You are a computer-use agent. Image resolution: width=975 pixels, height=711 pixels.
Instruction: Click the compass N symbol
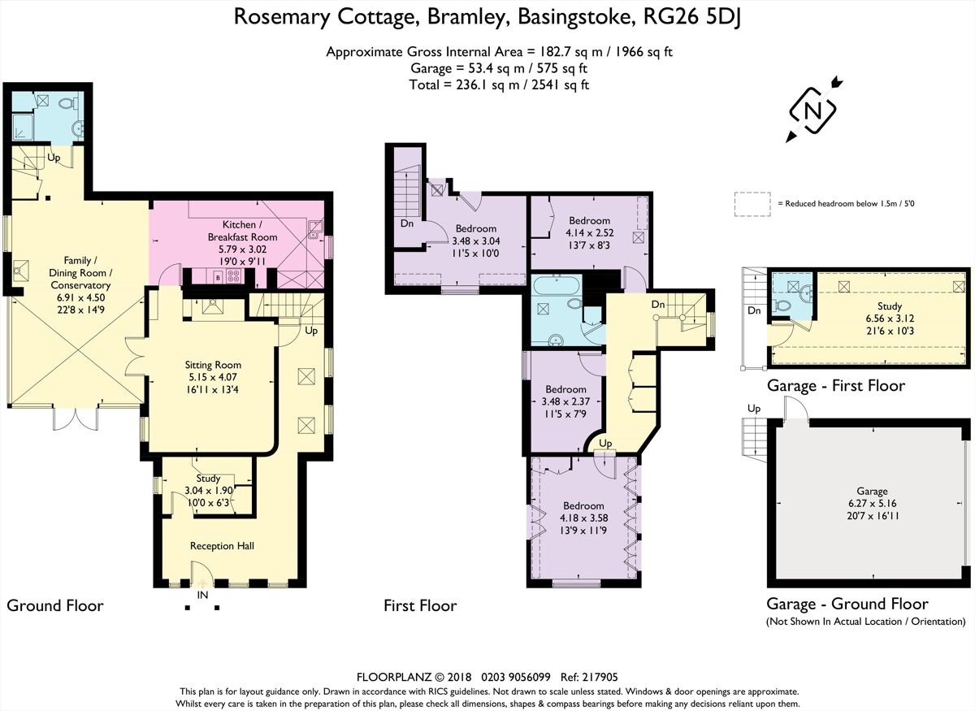813,111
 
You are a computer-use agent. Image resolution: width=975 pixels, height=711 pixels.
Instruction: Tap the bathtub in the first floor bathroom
557,286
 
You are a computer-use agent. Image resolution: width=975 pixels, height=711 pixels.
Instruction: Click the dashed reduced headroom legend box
752,204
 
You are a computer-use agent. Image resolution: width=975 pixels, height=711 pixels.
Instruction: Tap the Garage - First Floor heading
835,386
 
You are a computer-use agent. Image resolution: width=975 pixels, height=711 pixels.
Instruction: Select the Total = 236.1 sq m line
499,84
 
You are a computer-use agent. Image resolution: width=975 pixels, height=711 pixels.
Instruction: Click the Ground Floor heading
54,605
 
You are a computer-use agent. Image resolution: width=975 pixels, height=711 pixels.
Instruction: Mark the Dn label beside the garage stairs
753,310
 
